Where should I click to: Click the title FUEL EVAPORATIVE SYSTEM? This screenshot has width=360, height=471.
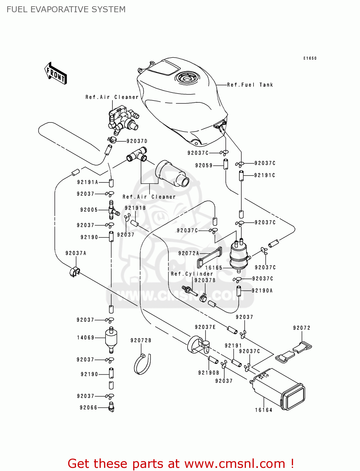66,9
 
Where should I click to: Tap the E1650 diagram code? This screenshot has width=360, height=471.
310,58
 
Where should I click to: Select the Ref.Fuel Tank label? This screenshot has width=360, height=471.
250,85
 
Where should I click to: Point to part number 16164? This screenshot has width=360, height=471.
264,410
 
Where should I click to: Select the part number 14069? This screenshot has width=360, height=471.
86,338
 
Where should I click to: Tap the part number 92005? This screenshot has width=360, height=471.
89,210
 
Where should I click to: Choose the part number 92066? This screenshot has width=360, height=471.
89,408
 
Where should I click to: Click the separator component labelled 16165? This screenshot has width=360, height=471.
239,255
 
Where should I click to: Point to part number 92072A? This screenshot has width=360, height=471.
188,253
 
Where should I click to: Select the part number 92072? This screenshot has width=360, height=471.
302,328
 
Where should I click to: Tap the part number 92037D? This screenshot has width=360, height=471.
137,141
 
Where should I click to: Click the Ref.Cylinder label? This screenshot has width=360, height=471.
192,274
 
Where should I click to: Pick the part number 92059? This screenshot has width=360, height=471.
204,165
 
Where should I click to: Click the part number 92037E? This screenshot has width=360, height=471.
205,327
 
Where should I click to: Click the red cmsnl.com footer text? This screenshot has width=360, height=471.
181,463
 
